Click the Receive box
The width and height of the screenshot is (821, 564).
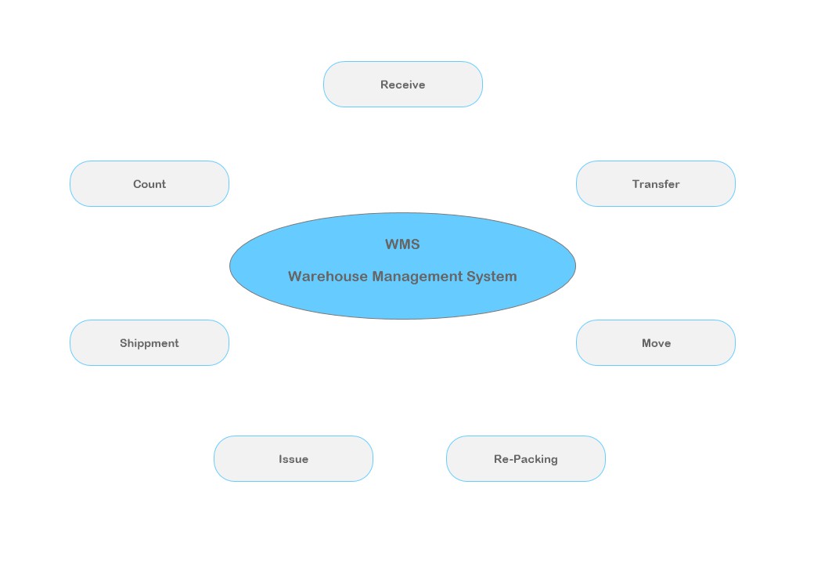(x=402, y=85)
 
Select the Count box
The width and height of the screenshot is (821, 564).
(x=149, y=184)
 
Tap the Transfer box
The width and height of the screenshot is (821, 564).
(x=656, y=184)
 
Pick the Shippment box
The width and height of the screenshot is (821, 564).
(x=149, y=343)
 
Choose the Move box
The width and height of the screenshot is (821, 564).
(x=656, y=343)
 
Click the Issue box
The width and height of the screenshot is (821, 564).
(x=293, y=459)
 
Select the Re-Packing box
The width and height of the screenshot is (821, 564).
(x=526, y=459)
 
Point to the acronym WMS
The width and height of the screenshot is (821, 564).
(x=402, y=244)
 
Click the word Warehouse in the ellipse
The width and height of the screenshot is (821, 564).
(x=328, y=277)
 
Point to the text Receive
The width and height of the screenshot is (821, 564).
(x=402, y=85)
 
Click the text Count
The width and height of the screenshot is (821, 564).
(x=149, y=184)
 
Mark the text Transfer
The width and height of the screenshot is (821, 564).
(x=656, y=184)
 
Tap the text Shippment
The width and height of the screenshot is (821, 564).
(x=149, y=343)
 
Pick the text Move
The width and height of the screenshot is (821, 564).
(x=656, y=343)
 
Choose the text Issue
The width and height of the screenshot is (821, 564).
(x=293, y=459)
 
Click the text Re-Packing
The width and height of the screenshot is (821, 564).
(x=526, y=459)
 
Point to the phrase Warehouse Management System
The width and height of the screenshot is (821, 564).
(x=402, y=277)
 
